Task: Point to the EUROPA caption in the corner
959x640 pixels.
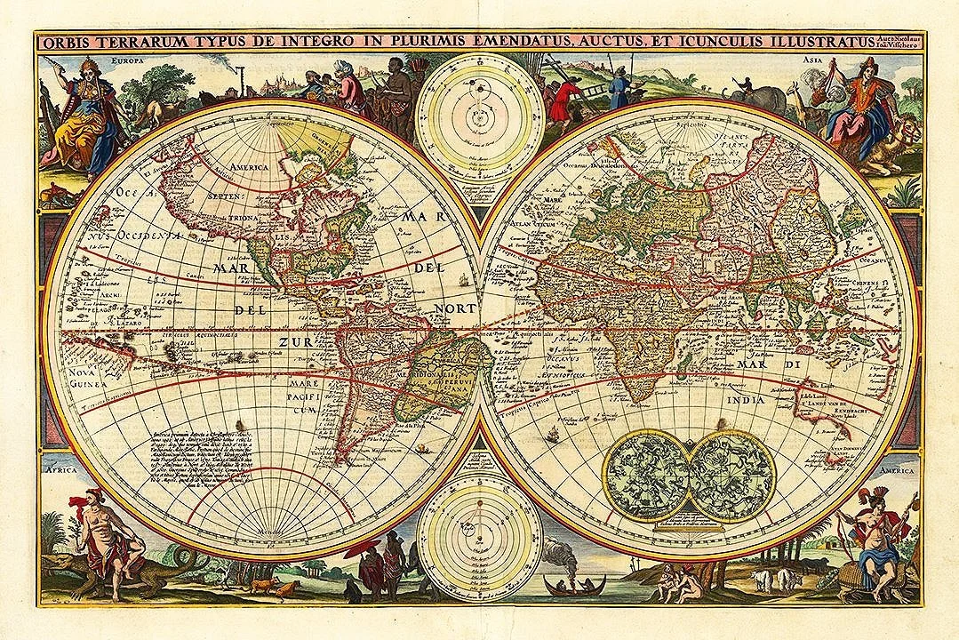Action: pos(128,62)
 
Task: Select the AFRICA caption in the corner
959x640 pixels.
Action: pos(62,469)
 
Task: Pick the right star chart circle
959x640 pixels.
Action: pos(731,475)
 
